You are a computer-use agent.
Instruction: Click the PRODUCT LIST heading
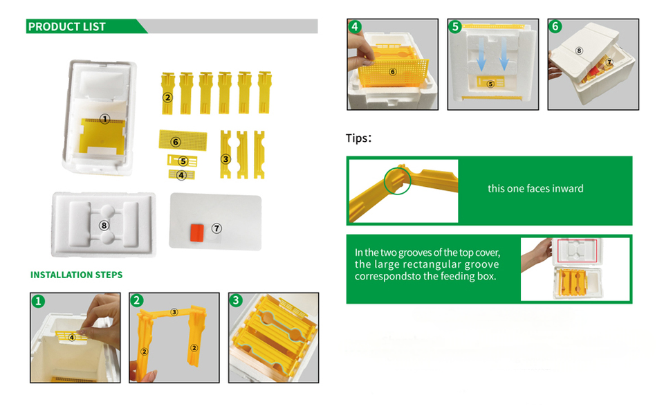pyautogui.click(x=66, y=27)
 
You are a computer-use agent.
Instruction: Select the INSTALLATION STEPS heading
pyautogui.click(x=76, y=275)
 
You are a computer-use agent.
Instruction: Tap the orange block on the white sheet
pyautogui.click(x=197, y=232)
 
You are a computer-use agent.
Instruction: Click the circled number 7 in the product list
pyautogui.click(x=216, y=228)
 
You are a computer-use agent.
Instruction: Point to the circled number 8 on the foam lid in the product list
pyautogui.click(x=104, y=226)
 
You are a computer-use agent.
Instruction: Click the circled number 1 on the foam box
pyautogui.click(x=104, y=119)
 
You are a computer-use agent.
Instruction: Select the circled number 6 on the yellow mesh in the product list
pyautogui.click(x=176, y=142)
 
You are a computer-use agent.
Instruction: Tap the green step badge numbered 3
pyautogui.click(x=236, y=300)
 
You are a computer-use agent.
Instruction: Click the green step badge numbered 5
pyautogui.click(x=455, y=27)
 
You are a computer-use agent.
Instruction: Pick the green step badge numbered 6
pyautogui.click(x=555, y=27)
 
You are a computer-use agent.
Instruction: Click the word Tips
pyautogui.click(x=357, y=138)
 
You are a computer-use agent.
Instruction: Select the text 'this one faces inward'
pyautogui.click(x=535, y=189)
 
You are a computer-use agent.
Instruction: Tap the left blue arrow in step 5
pyautogui.click(x=481, y=54)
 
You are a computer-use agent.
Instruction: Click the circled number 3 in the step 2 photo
pyautogui.click(x=174, y=312)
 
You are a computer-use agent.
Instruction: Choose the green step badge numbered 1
pyautogui.click(x=38, y=301)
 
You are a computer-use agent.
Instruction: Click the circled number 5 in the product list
pyautogui.click(x=183, y=161)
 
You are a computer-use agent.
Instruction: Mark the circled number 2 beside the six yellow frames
pyautogui.click(x=167, y=98)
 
